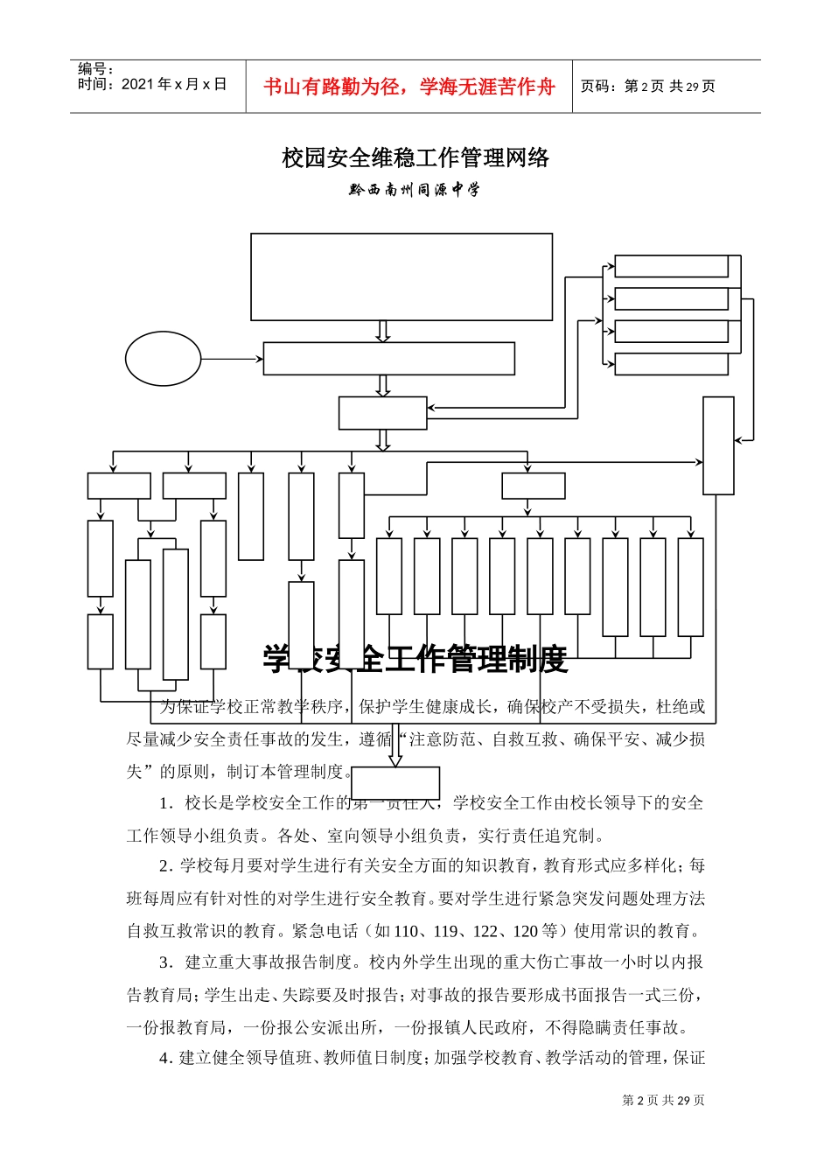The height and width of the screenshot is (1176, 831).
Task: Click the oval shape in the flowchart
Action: click(x=163, y=359)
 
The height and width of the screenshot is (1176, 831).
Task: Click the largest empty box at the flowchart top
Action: click(x=402, y=276)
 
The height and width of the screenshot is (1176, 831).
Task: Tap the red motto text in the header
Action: click(x=409, y=87)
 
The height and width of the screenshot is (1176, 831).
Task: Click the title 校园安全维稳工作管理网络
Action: click(x=415, y=158)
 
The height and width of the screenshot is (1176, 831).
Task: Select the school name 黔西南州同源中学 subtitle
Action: click(x=415, y=189)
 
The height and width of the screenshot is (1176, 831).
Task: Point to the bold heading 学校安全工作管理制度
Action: click(x=415, y=659)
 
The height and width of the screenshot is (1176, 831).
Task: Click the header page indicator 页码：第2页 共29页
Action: click(x=648, y=87)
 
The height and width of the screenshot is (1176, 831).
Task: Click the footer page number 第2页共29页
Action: click(x=663, y=1100)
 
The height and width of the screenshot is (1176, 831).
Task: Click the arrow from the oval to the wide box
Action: click(x=232, y=359)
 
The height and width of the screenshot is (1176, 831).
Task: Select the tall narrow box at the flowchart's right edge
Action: click(x=718, y=445)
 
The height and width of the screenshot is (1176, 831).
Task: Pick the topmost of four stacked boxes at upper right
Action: click(x=671, y=266)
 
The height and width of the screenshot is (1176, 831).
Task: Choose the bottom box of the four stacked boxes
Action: click(x=671, y=364)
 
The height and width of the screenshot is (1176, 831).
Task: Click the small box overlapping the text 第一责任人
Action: click(x=395, y=782)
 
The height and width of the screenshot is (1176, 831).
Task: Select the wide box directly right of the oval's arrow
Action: click(x=388, y=359)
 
